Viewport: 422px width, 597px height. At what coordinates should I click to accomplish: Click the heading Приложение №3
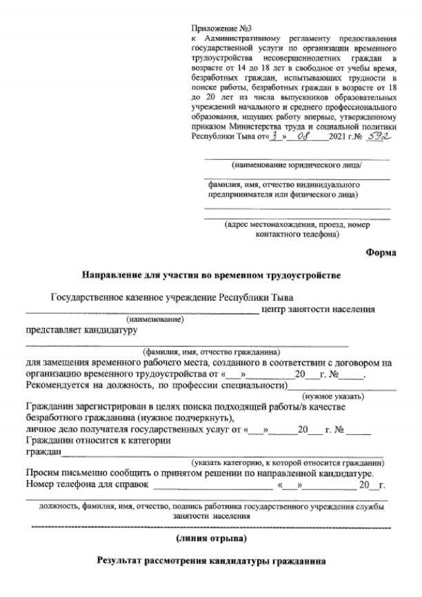tap(212, 30)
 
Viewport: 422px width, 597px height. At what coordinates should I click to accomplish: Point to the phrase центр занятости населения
tap(318, 308)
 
